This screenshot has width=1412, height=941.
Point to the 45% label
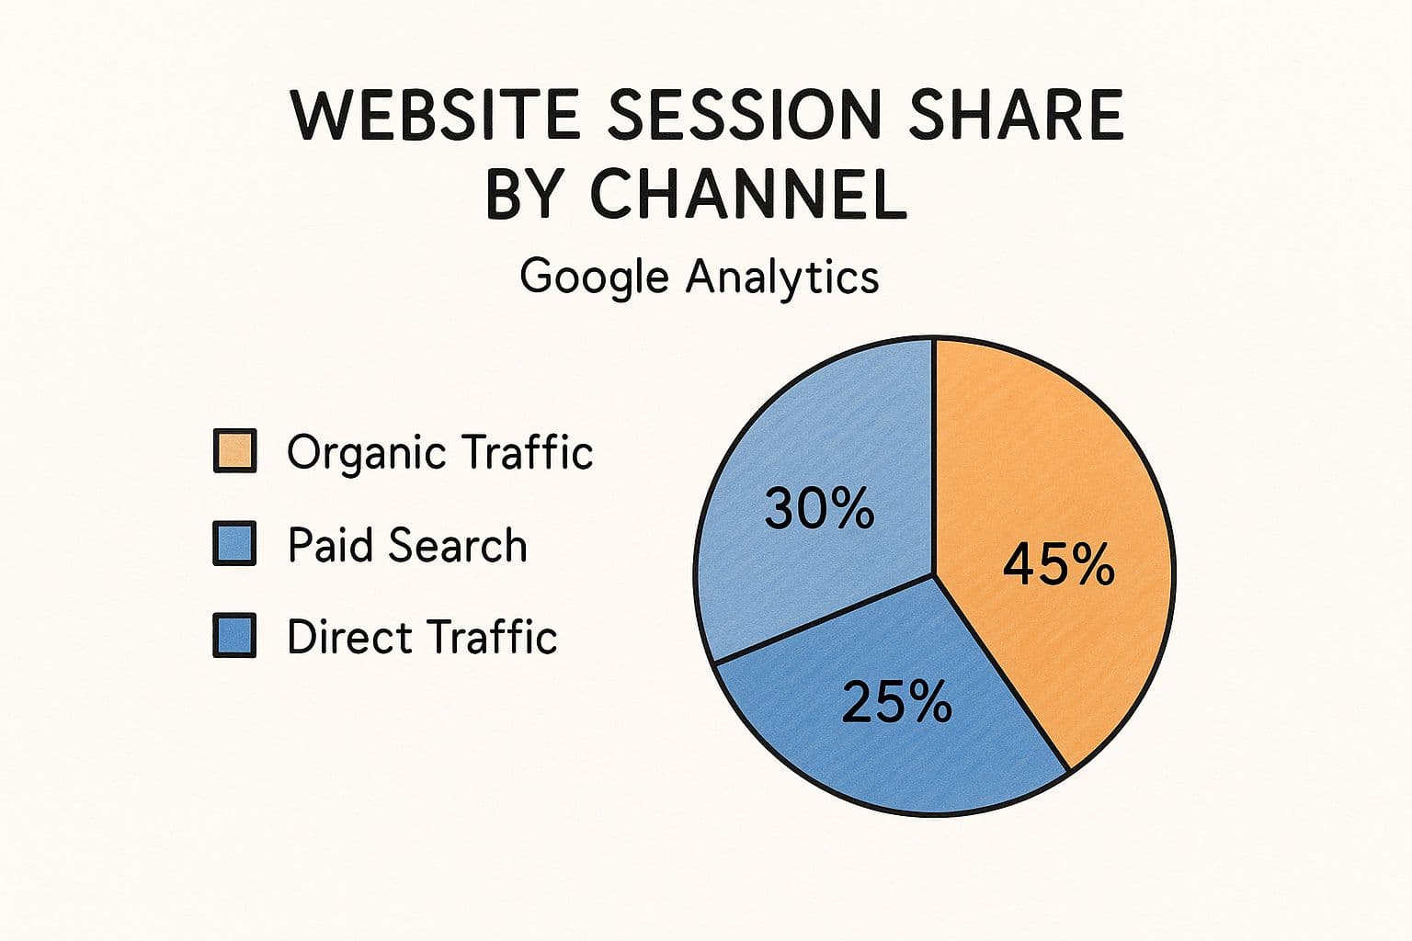tap(1058, 565)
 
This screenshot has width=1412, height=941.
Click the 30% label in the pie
tap(819, 508)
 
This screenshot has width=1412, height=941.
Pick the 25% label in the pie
tap(897, 701)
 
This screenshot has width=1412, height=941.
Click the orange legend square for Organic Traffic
tap(234, 450)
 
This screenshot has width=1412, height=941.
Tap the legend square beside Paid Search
tap(234, 543)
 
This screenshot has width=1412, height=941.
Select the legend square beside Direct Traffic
tap(234, 635)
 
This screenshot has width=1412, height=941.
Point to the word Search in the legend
tap(457, 545)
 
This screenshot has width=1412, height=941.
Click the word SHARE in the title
tap(1016, 116)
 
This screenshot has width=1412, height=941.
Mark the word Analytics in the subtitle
tap(782, 278)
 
